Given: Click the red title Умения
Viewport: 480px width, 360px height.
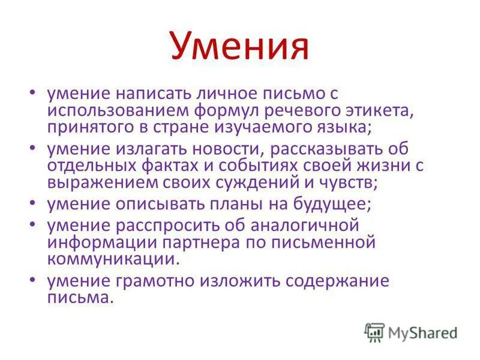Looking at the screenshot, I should (x=239, y=47).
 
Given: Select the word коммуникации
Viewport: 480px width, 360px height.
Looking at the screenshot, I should (x=113, y=259).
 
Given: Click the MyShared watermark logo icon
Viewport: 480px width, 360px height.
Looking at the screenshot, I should (x=374, y=332).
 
